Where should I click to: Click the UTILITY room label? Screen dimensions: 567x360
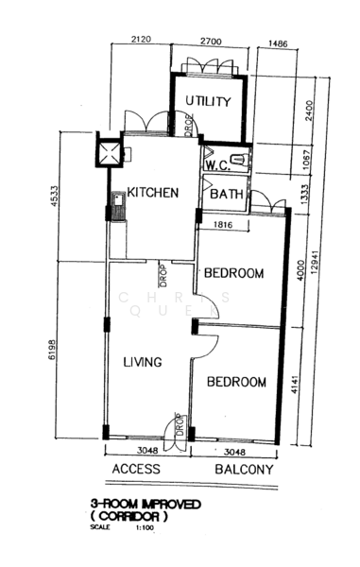(208, 102)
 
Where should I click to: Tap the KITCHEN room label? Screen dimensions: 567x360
(153, 193)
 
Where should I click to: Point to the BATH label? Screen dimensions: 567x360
(226, 195)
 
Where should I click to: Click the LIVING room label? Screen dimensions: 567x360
(142, 362)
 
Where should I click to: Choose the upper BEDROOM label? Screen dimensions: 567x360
(233, 274)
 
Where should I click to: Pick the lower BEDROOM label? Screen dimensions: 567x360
(236, 383)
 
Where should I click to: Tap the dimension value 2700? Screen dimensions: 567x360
(209, 41)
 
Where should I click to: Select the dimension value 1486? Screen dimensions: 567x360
(278, 43)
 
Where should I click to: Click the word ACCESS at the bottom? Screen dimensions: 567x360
(136, 469)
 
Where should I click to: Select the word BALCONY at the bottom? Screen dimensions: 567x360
(244, 469)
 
